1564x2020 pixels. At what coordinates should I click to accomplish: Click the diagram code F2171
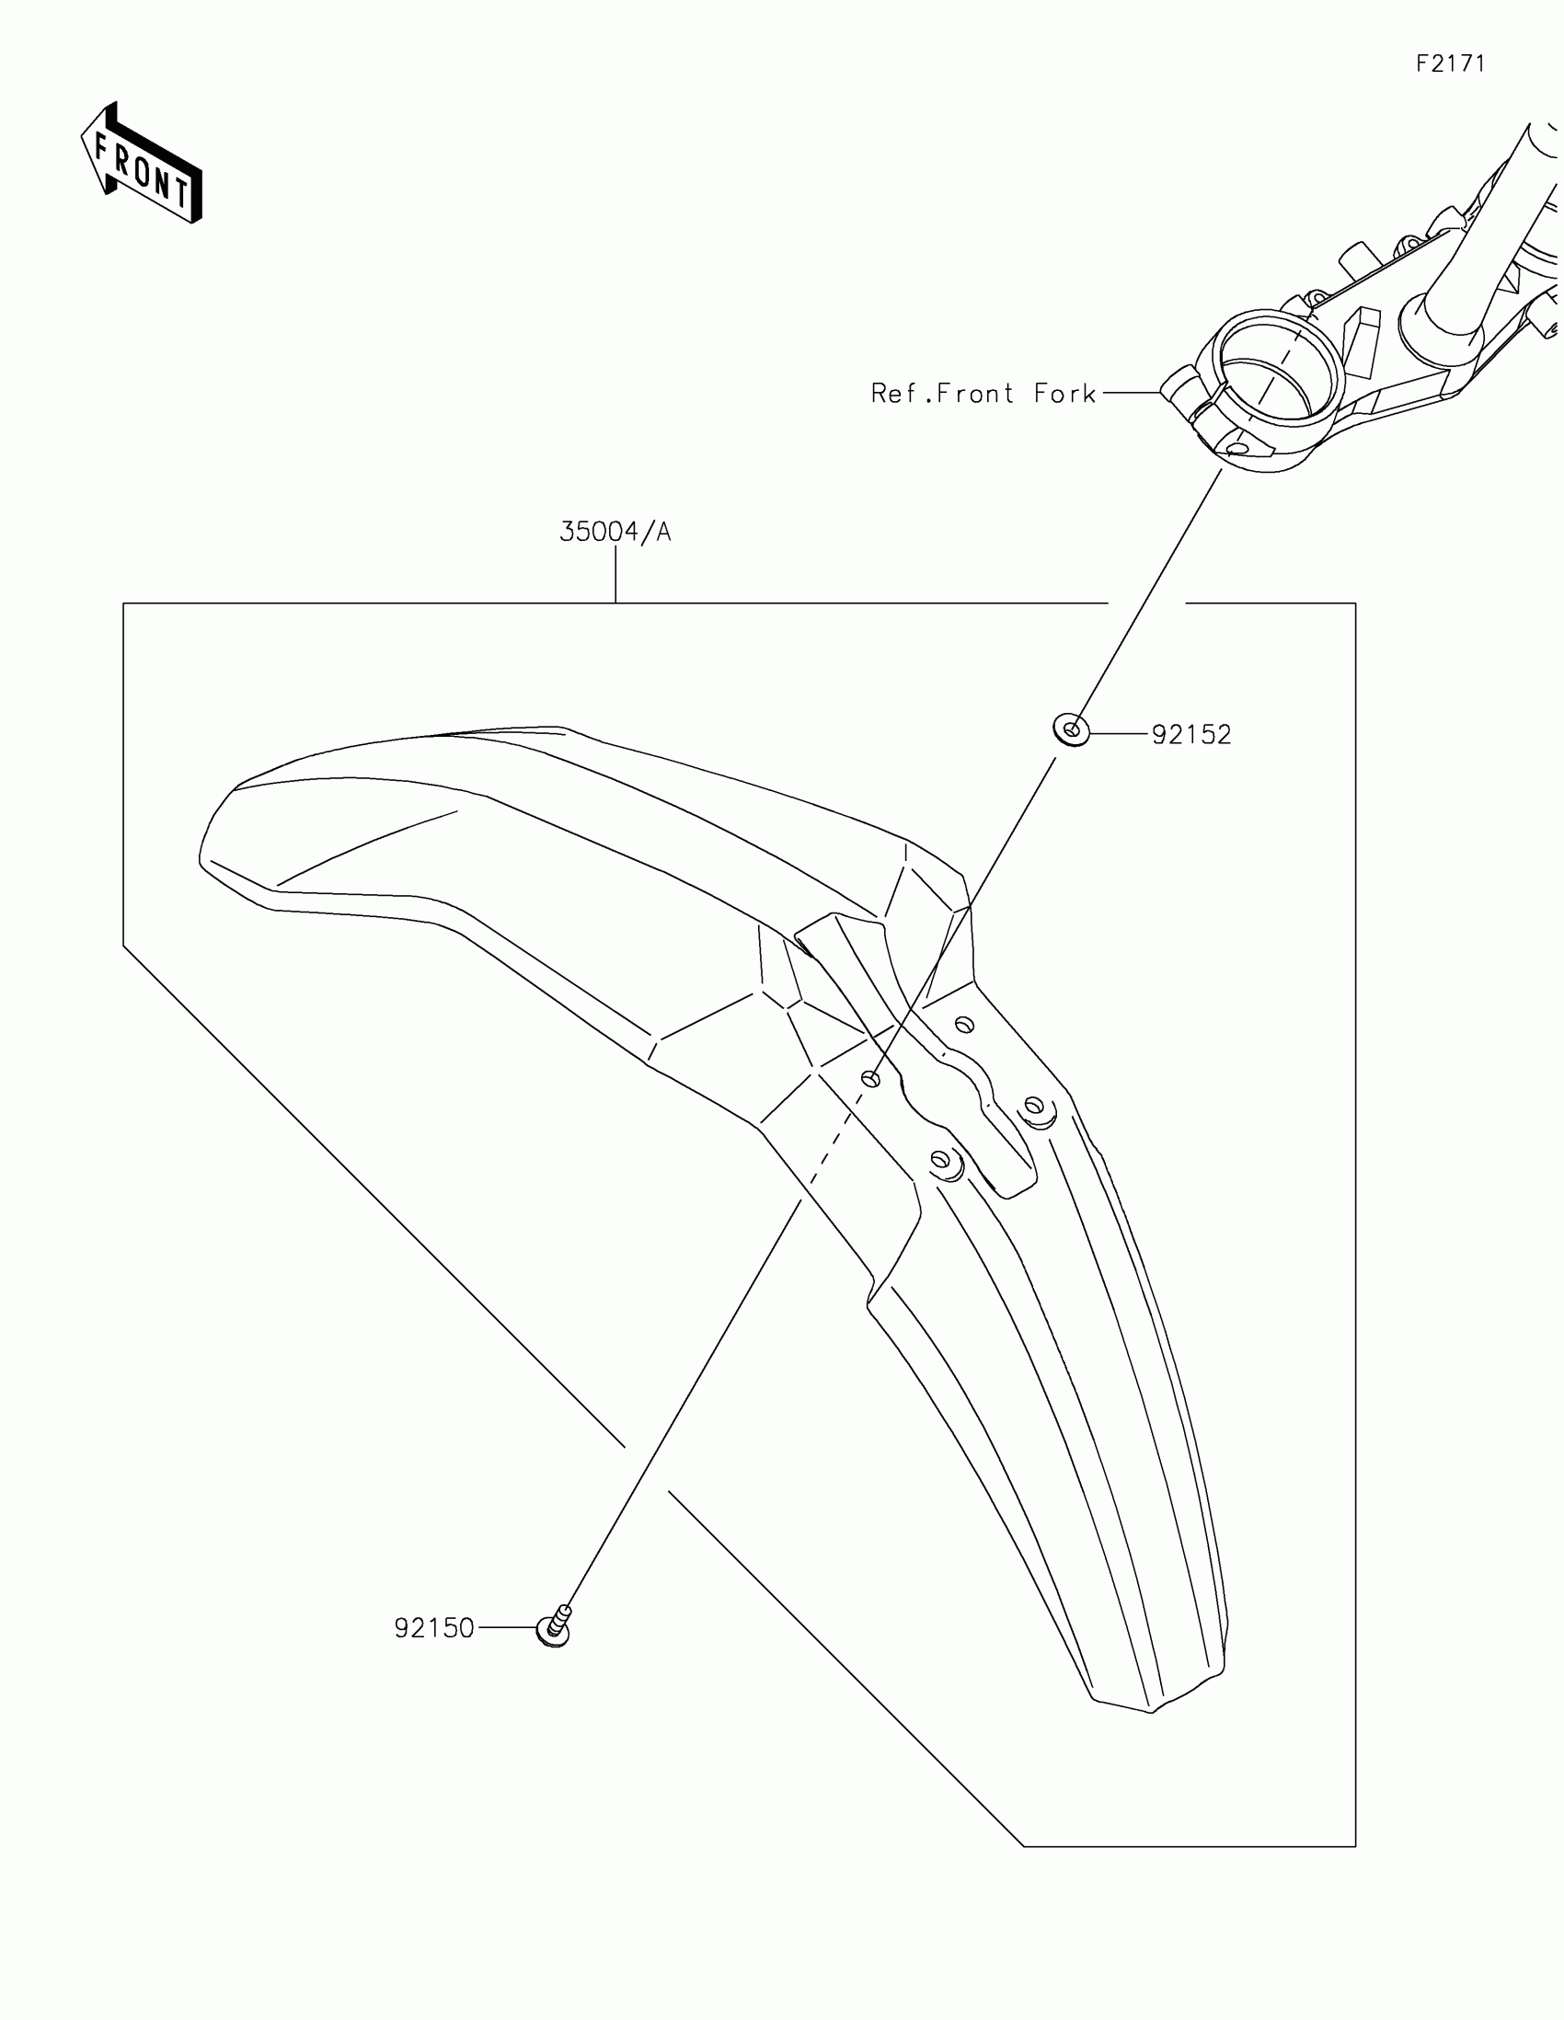[x=1450, y=63]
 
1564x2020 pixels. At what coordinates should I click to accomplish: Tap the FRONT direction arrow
[x=142, y=165]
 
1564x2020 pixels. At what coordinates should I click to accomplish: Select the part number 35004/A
[x=615, y=532]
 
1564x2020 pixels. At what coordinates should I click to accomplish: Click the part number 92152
[x=1191, y=734]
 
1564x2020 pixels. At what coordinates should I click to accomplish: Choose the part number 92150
[x=433, y=1628]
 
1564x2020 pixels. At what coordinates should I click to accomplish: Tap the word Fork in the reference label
[x=1064, y=394]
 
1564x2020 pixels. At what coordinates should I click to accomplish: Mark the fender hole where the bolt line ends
[x=869, y=1078]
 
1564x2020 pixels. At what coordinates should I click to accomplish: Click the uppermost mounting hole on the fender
[x=964, y=1025]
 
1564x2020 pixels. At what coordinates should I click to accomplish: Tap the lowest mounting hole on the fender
[x=940, y=1159]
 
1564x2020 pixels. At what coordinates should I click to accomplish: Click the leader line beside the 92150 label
[x=506, y=1627]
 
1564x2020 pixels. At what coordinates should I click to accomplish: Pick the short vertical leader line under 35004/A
[x=616, y=574]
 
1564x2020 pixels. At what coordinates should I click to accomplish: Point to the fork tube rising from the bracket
[x=1489, y=231]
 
